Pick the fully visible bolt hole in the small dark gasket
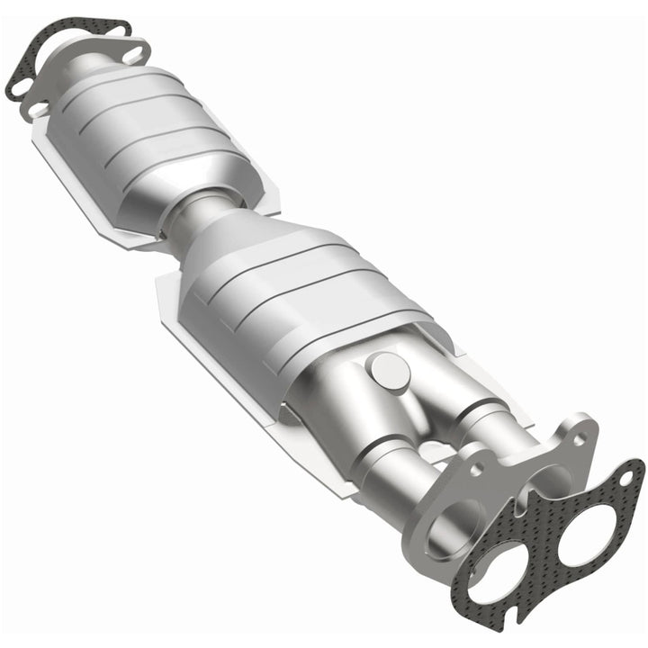tap(121, 29)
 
